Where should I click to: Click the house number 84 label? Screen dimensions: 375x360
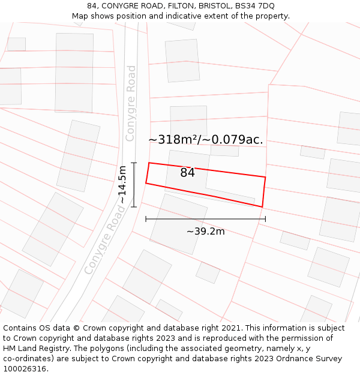[x=187, y=173]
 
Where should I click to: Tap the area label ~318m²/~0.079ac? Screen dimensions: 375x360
[x=206, y=140]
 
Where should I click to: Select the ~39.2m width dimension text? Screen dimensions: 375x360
[x=205, y=232]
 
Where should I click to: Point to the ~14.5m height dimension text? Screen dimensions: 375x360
[x=122, y=185]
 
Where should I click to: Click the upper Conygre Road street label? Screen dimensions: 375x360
[x=131, y=103]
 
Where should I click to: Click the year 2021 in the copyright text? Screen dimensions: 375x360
[x=229, y=328]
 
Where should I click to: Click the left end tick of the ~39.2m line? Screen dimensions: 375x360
[x=146, y=219]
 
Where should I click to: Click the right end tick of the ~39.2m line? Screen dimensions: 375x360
[x=265, y=219]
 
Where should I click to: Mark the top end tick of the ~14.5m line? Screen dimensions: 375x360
[x=134, y=163]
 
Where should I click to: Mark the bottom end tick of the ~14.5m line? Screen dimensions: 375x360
[x=134, y=207]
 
